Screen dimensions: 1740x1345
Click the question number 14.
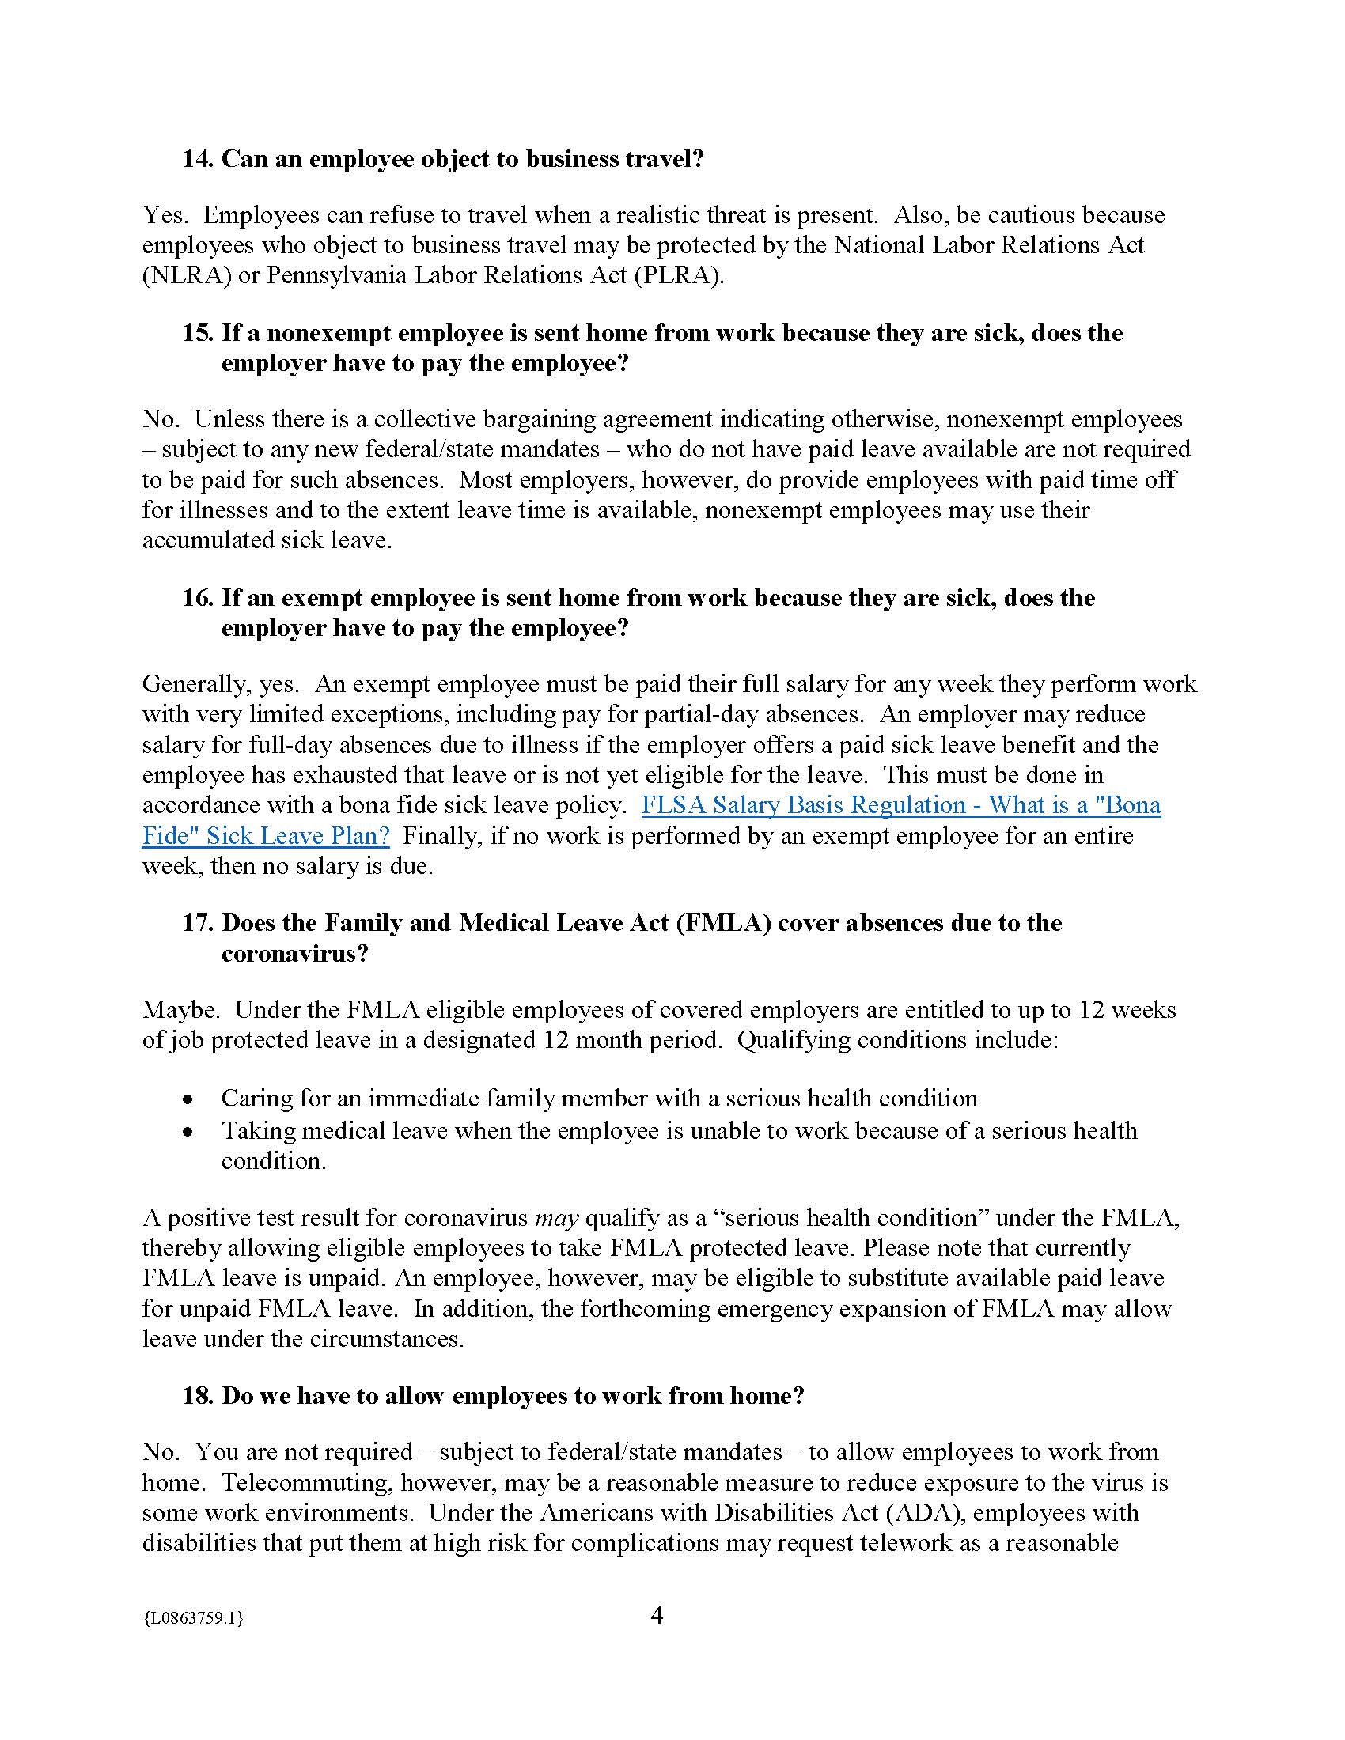197,158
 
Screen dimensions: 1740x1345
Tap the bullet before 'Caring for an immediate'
188,1099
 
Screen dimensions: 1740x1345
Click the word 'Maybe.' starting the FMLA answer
181,1009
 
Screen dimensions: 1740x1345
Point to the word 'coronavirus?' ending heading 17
295,953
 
